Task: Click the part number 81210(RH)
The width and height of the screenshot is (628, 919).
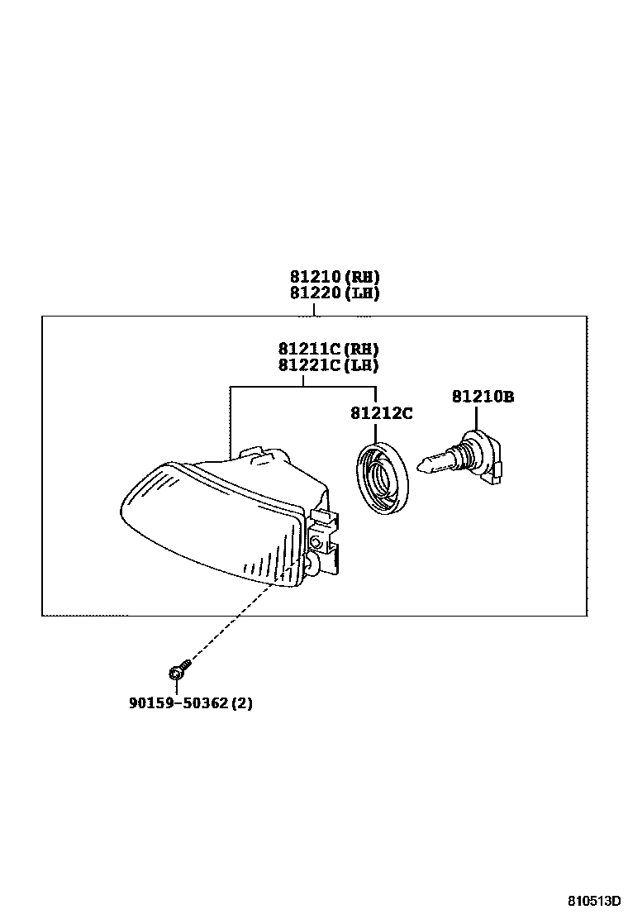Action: [335, 277]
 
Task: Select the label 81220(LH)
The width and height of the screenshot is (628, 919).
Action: [335, 293]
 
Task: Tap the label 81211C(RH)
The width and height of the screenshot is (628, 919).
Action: [328, 349]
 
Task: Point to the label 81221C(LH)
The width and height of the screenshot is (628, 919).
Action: [328, 365]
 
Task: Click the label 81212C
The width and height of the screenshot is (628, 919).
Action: [381, 412]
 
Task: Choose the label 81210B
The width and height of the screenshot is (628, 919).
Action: [483, 397]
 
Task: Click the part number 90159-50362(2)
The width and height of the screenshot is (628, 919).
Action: [190, 703]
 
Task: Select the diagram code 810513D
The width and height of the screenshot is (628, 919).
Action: [593, 900]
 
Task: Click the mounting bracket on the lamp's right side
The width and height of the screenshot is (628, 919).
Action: [326, 541]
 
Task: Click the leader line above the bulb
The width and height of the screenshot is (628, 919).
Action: [476, 417]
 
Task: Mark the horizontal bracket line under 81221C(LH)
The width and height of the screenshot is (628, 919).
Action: [302, 386]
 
